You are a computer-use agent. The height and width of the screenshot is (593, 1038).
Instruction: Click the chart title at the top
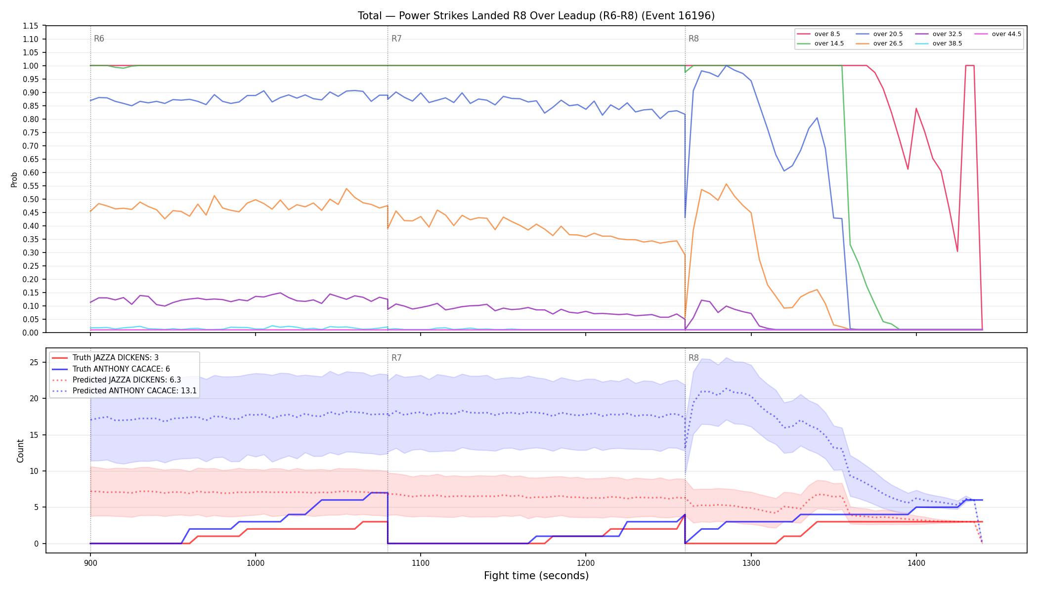[536, 16]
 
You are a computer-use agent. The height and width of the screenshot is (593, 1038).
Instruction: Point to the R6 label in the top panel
[99, 39]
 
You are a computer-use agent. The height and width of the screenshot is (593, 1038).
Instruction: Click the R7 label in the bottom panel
[396, 358]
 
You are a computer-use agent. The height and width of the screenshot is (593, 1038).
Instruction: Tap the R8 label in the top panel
[693, 39]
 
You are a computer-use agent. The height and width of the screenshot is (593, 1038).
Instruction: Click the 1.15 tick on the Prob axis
[31, 26]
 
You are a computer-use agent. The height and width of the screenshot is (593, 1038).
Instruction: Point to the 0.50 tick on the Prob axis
[31, 199]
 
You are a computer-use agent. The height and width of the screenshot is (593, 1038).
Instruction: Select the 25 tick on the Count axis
[34, 362]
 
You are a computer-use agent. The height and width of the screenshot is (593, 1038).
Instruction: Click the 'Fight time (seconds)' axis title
[536, 576]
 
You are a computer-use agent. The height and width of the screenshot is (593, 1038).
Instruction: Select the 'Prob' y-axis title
[14, 179]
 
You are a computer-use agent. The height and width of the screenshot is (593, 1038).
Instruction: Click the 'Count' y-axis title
[20, 451]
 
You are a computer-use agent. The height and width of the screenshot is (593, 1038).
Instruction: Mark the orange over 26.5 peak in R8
[726, 184]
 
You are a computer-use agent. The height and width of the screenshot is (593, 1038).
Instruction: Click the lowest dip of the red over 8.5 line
[957, 251]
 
